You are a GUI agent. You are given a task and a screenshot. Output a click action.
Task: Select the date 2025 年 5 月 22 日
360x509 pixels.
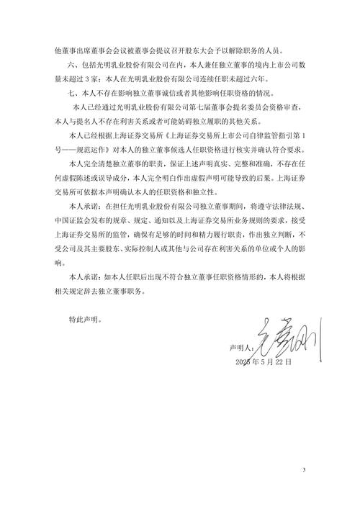point(263,362)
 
